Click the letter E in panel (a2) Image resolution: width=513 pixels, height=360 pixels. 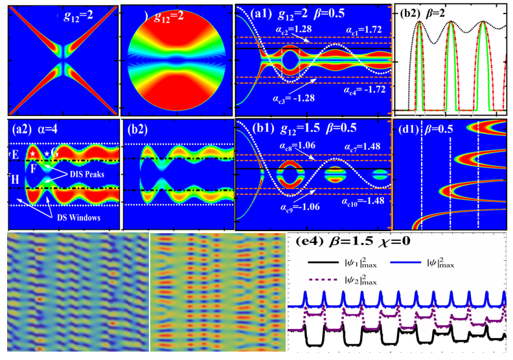(x=14, y=155)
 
